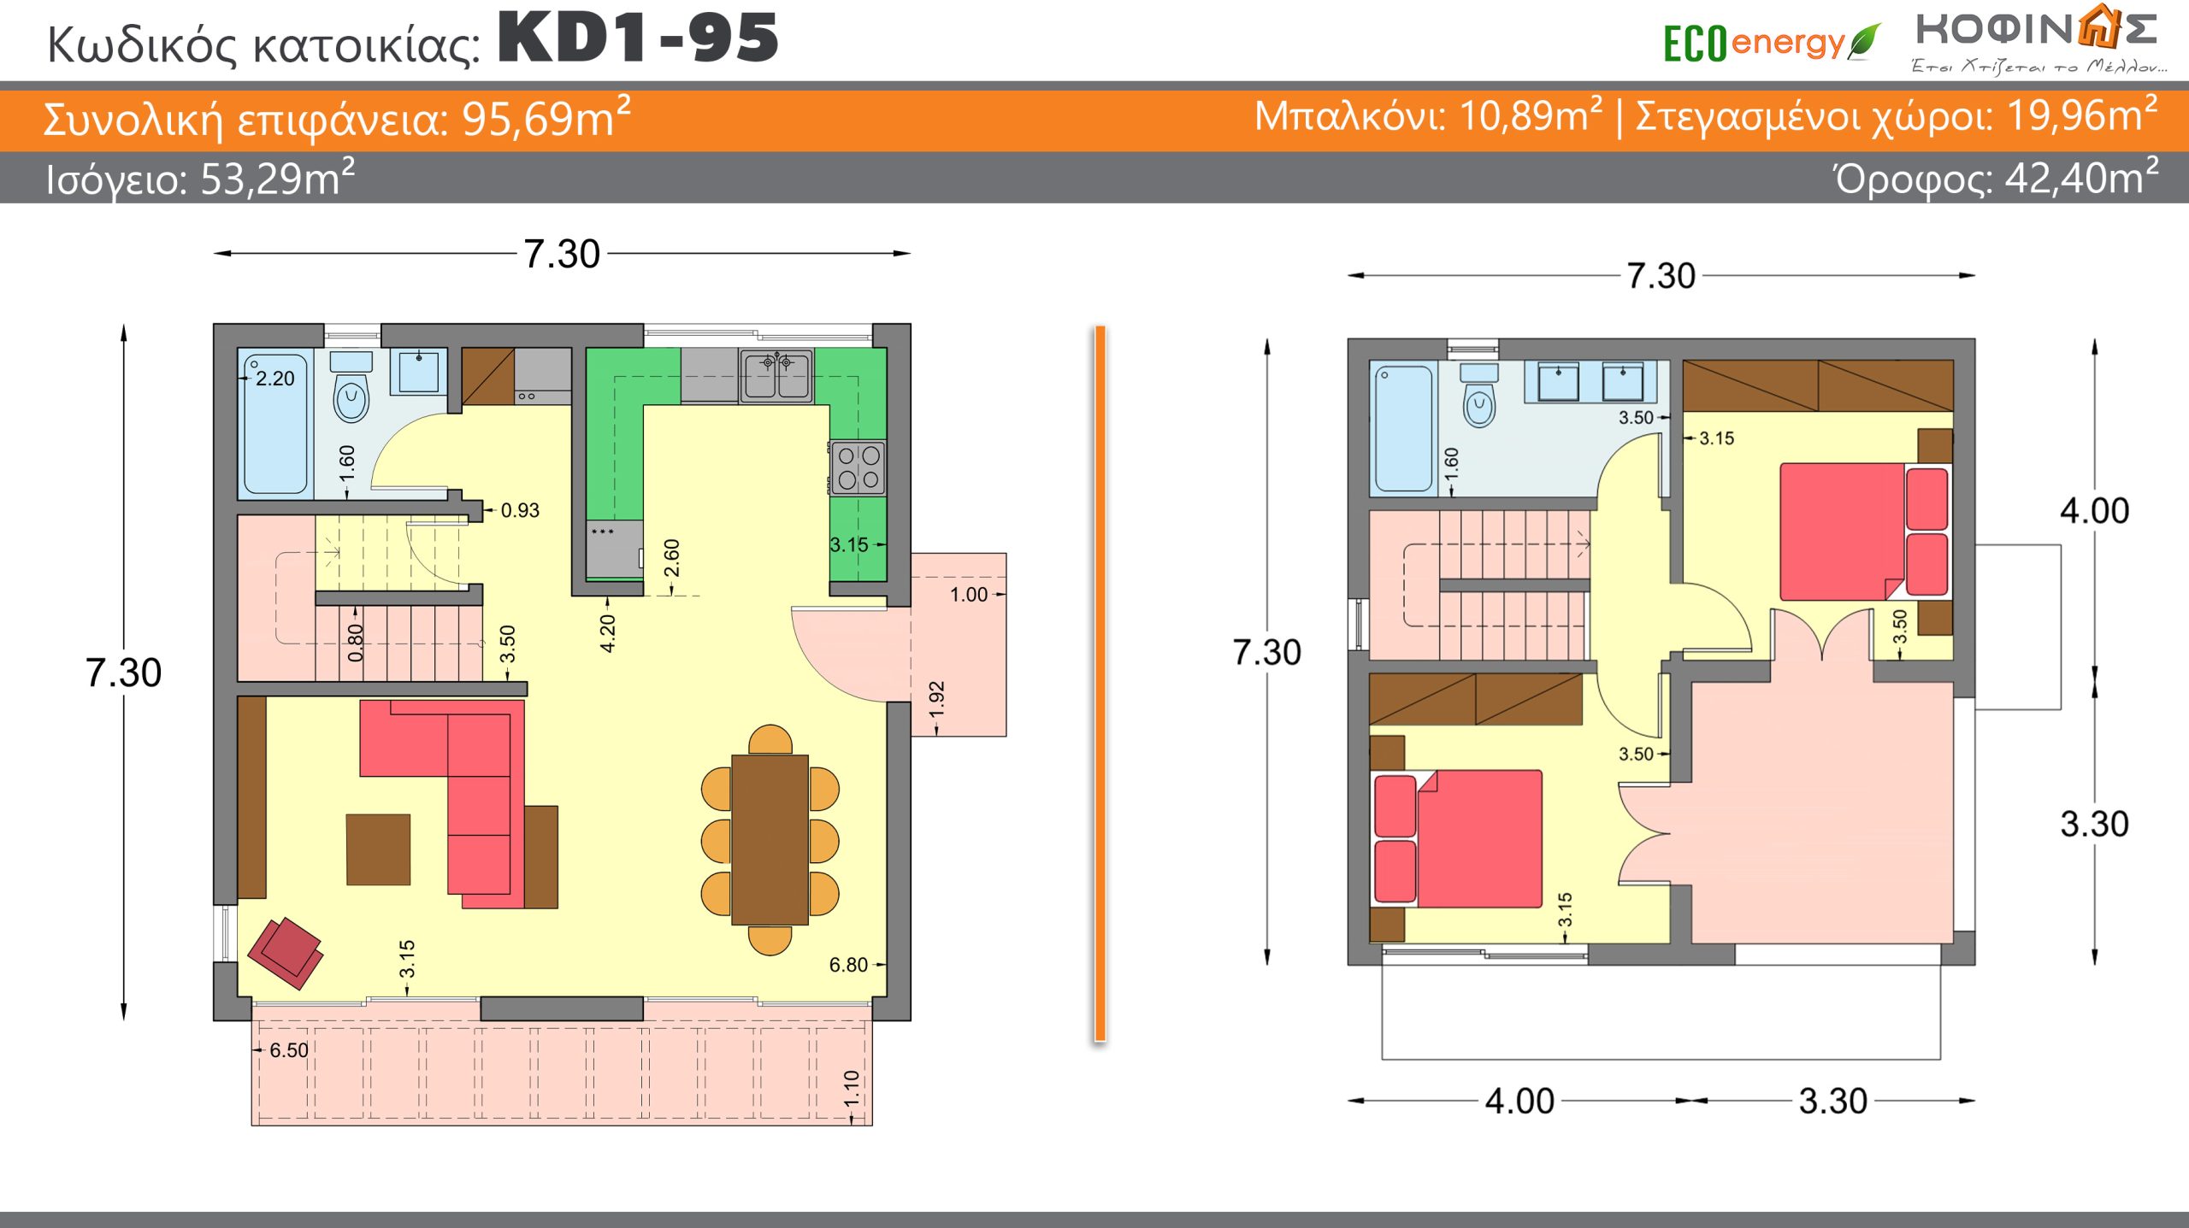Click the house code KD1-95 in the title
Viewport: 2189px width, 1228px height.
(638, 38)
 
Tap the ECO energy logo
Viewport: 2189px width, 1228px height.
(1771, 43)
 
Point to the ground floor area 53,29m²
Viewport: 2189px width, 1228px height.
(277, 178)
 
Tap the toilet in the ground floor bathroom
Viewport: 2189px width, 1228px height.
(351, 388)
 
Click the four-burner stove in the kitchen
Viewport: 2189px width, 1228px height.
(858, 468)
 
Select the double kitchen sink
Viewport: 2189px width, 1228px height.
(776, 376)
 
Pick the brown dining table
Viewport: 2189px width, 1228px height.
(770, 839)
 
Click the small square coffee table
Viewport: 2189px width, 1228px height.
(378, 849)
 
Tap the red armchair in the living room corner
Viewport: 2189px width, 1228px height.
(286, 953)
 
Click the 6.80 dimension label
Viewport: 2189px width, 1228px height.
(848, 965)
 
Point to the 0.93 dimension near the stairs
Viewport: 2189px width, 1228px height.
(520, 510)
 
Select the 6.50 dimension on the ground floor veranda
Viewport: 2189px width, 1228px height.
(289, 1050)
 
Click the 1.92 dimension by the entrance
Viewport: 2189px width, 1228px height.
(936, 699)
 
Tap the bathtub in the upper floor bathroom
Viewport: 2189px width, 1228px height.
(1403, 429)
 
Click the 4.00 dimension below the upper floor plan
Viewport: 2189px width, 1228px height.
(1519, 1101)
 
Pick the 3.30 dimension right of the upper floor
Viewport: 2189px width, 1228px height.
(2094, 824)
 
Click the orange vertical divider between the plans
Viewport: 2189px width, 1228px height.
(1100, 684)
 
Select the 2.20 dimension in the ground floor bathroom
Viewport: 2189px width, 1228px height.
(274, 379)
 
